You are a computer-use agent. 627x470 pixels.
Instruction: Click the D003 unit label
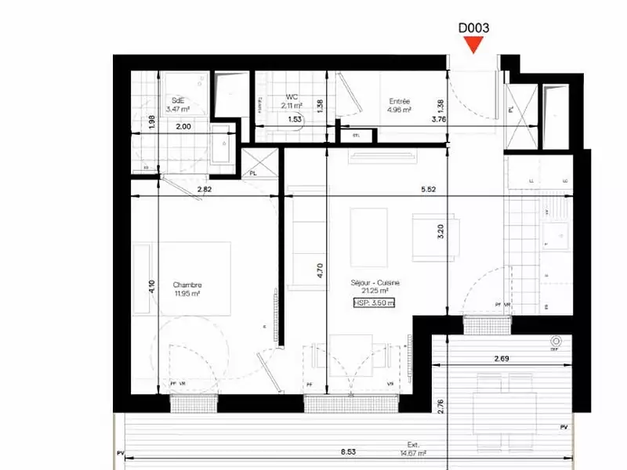coord(474,27)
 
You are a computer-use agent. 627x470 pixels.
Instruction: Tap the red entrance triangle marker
coord(474,45)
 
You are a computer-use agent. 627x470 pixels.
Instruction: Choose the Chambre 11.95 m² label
coord(187,289)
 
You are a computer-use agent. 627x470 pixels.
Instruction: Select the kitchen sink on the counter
coord(560,233)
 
